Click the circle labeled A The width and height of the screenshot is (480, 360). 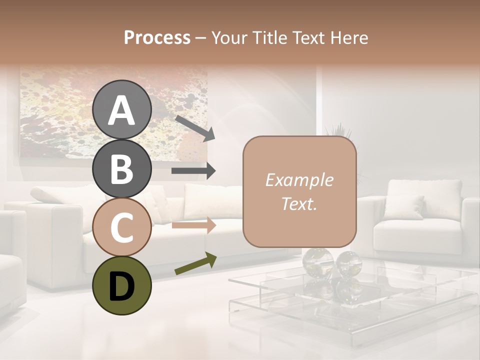tap(122, 110)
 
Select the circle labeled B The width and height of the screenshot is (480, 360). tap(122, 168)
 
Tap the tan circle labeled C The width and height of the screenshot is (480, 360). tap(122, 227)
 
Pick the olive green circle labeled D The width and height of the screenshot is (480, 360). tap(122, 285)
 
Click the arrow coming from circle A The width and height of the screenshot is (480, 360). tap(194, 127)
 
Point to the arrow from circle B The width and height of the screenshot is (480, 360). tap(193, 171)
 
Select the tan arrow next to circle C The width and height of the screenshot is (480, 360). tap(193, 225)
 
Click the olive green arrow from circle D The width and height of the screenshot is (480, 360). tap(195, 263)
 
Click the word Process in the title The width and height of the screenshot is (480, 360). tap(157, 37)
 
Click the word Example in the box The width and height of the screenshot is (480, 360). tap(299, 180)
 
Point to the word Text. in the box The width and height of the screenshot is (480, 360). tap(299, 204)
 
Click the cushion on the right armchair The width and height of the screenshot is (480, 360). tap(410, 207)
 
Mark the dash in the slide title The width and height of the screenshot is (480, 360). tap(201, 38)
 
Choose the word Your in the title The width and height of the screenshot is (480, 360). tap(229, 37)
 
